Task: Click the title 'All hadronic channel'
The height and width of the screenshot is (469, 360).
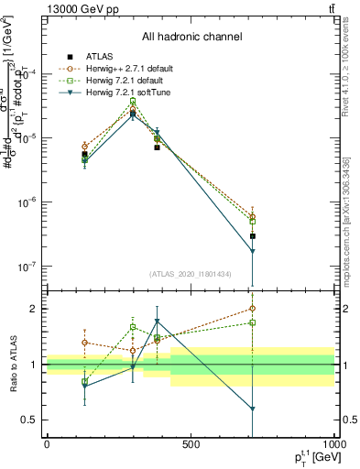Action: coord(191,37)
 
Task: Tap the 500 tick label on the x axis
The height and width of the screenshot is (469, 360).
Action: coord(191,444)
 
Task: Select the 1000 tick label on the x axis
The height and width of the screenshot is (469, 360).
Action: coord(333,444)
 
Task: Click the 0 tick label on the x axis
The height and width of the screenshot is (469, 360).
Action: coord(47,444)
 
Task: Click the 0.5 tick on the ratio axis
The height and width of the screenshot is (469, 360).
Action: coord(30,420)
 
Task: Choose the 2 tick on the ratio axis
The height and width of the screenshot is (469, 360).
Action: coord(35,309)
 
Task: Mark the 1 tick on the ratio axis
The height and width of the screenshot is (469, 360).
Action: coord(35,365)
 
